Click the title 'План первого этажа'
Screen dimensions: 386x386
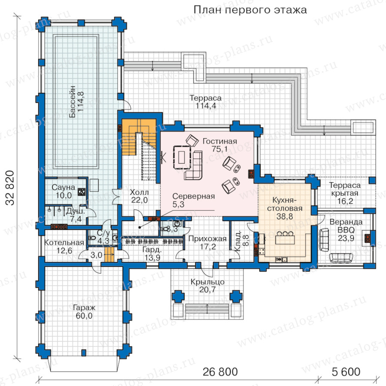pyautogui.click(x=250, y=10)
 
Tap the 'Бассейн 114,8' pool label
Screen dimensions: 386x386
pyautogui.click(x=76, y=101)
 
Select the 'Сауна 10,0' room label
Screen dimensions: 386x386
pyautogui.click(x=63, y=191)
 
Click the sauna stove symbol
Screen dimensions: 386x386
pyautogui.click(x=81, y=192)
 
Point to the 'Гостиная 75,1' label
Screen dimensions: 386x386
pyautogui.click(x=220, y=145)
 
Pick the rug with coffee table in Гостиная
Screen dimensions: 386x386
pyautogui.click(x=182, y=157)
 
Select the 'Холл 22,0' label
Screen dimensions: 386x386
pyautogui.click(x=139, y=196)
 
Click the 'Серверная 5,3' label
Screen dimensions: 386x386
pyautogui.click(x=193, y=200)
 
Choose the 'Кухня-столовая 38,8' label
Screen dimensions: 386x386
pyautogui.click(x=285, y=208)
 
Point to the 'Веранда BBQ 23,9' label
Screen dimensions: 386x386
pyautogui.click(x=346, y=230)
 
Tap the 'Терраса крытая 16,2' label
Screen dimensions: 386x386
pyautogui.click(x=345, y=193)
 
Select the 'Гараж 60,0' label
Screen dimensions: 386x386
pyautogui.click(x=84, y=311)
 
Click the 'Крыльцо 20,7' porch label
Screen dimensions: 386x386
pyautogui.click(x=208, y=286)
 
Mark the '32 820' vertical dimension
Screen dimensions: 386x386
pyautogui.click(x=11, y=188)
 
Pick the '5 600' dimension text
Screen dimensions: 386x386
pyautogui.click(x=346, y=372)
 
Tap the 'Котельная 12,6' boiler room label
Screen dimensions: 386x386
pyautogui.click(x=64, y=247)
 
